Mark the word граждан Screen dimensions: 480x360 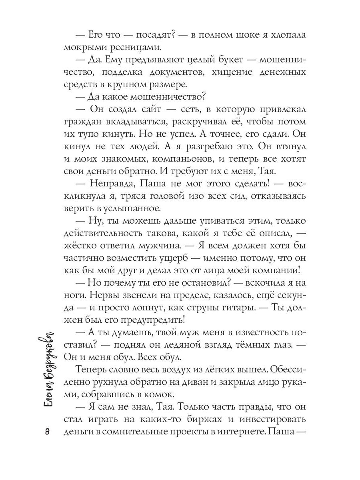click(80, 122)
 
